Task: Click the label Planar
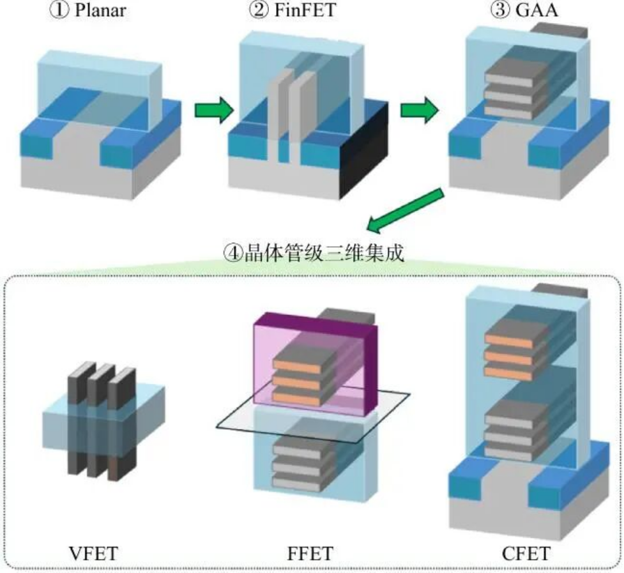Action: [101, 10]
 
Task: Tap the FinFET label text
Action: [305, 10]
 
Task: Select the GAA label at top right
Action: [537, 10]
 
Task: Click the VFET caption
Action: [93, 553]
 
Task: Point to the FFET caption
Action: [310, 553]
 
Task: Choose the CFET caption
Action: [526, 553]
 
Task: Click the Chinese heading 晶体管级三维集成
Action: [324, 253]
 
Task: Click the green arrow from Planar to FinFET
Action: [213, 110]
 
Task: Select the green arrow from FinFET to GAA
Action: [419, 110]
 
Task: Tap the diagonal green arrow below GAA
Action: [406, 211]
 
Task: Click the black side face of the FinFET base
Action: [364, 151]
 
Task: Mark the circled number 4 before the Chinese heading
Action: [232, 254]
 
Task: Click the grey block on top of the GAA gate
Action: [560, 30]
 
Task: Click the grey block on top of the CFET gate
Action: [560, 291]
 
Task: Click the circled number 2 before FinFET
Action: [259, 10]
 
